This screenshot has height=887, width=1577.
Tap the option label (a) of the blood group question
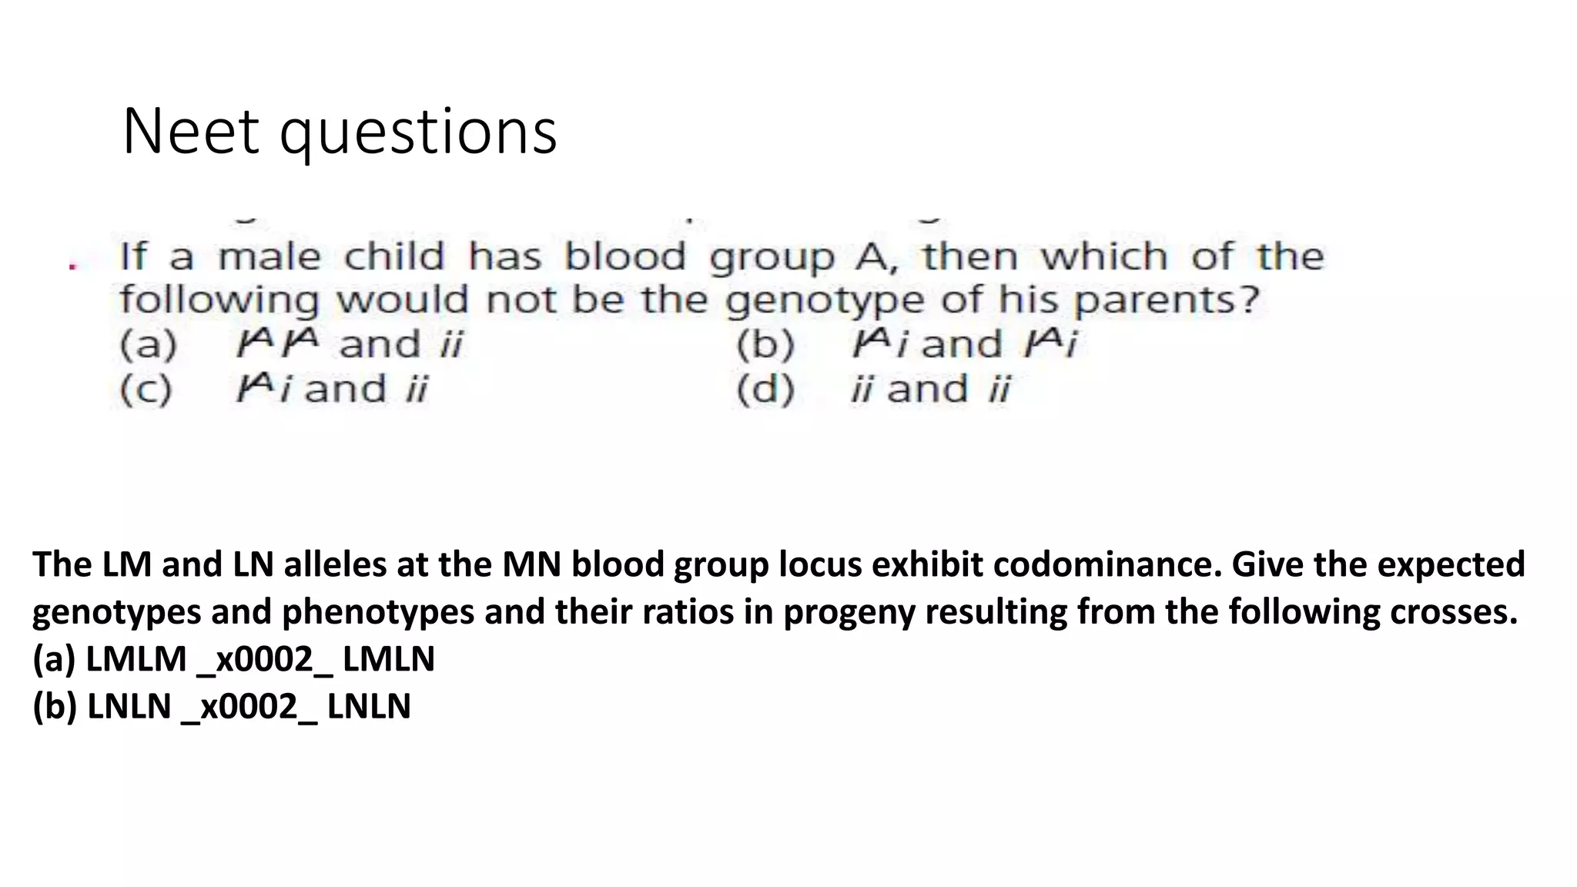(x=148, y=344)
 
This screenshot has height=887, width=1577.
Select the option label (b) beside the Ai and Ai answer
(x=765, y=344)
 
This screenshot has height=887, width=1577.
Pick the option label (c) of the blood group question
(x=146, y=389)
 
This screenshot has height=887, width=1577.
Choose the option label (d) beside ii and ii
(x=765, y=389)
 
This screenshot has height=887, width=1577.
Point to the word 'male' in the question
(x=268, y=256)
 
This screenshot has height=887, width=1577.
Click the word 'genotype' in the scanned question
(x=823, y=300)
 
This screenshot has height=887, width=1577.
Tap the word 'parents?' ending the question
(x=1167, y=300)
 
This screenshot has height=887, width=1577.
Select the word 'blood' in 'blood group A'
(x=624, y=256)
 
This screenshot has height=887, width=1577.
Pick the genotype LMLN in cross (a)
(x=389, y=659)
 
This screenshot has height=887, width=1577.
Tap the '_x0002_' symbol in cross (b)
(x=249, y=707)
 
